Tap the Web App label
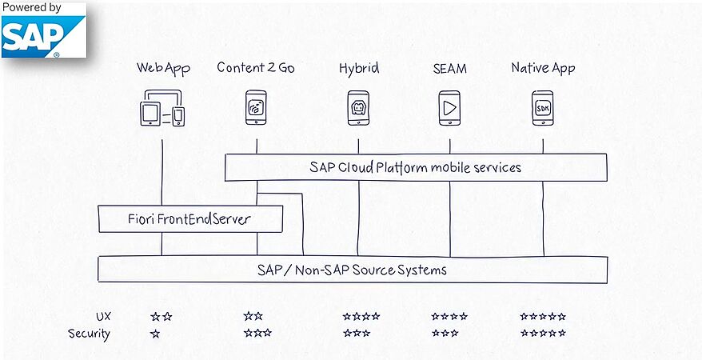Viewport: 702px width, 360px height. point(163,68)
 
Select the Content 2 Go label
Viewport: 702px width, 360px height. point(256,68)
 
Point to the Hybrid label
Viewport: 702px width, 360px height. point(358,68)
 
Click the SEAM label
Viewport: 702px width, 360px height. point(449,68)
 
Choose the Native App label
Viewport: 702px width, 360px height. point(543,68)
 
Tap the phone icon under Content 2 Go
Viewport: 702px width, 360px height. point(256,108)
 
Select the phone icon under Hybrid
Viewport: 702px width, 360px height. point(358,108)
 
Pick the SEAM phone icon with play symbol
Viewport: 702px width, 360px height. point(449,108)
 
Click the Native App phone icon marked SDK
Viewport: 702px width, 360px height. point(543,108)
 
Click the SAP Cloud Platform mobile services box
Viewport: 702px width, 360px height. point(416,168)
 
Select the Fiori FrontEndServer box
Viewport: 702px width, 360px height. point(190,218)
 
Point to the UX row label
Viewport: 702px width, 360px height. point(103,317)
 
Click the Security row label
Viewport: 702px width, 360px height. point(89,334)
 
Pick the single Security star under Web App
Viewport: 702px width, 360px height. point(155,334)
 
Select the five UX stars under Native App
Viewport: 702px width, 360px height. point(543,317)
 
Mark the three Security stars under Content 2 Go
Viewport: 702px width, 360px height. point(257,334)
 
